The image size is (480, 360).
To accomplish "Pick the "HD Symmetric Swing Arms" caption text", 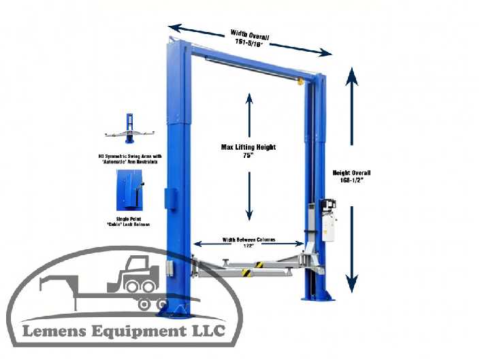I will (x=128, y=159).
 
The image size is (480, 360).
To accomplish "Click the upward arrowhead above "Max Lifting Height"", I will (x=249, y=98).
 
